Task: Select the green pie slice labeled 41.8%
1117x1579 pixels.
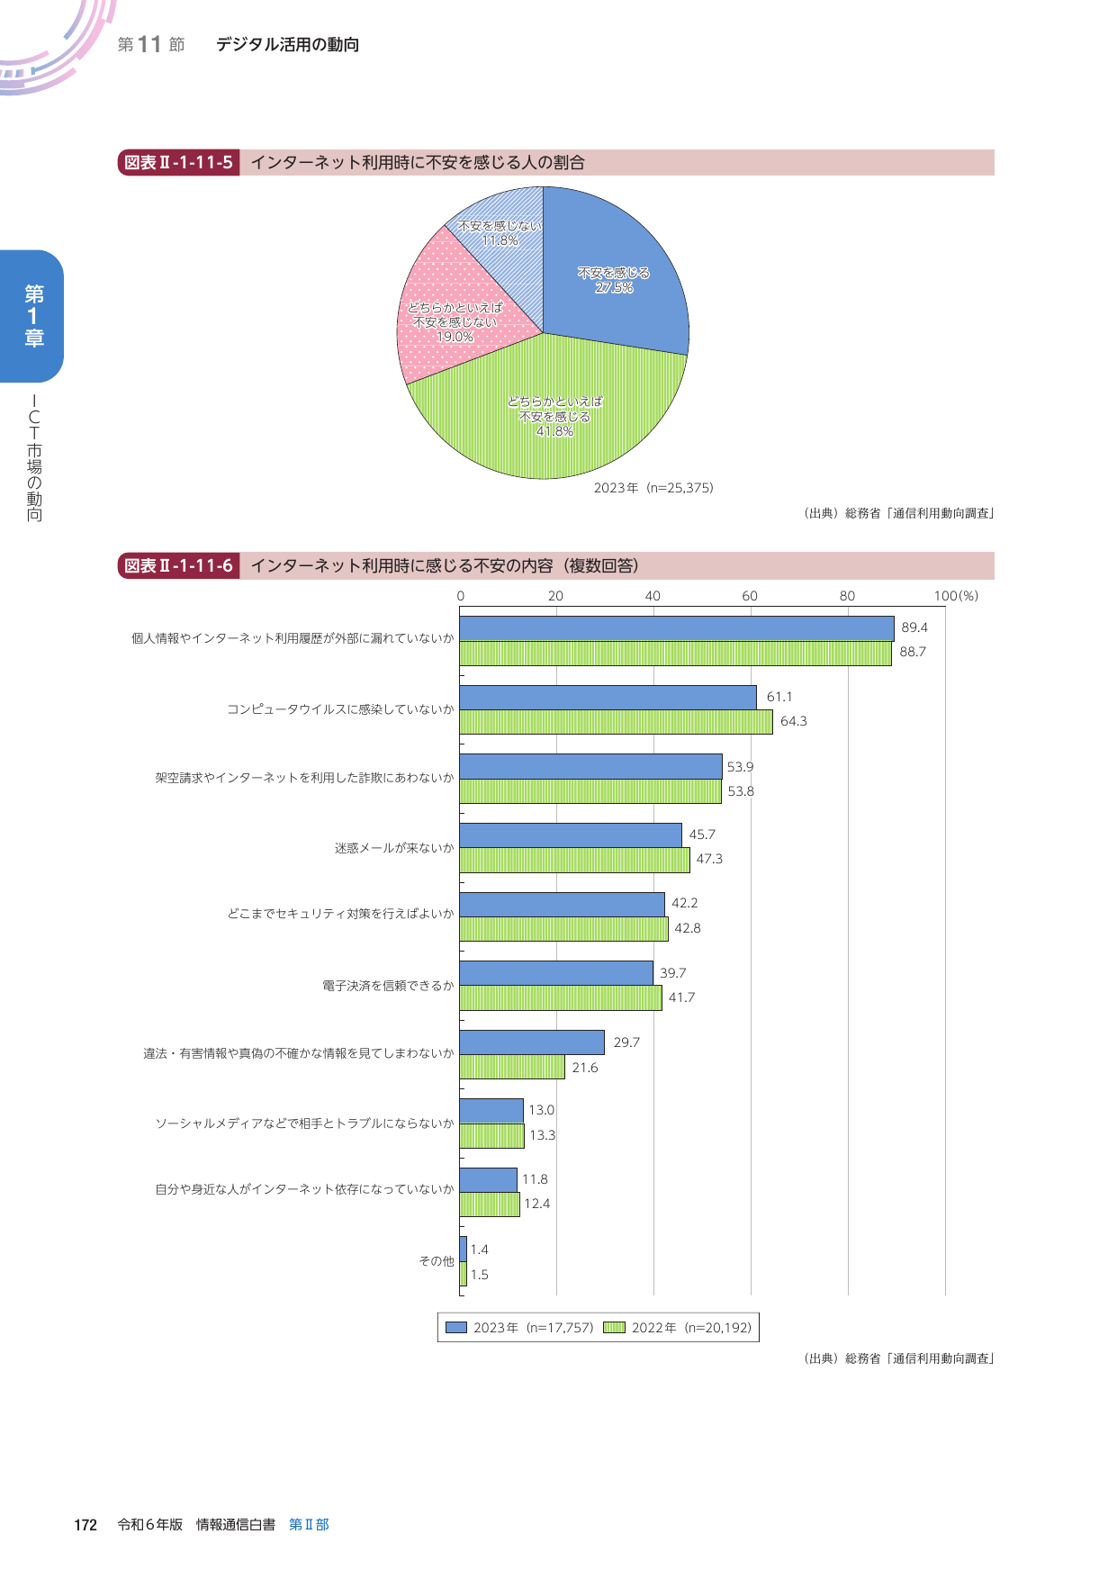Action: point(549,414)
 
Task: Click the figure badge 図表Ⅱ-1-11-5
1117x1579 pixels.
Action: point(178,163)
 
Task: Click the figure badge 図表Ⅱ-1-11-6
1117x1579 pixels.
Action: point(178,566)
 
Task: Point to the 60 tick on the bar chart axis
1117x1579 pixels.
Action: point(750,596)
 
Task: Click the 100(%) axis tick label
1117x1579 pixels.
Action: point(955,596)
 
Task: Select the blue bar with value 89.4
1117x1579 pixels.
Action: point(676,628)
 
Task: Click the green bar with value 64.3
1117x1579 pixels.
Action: point(616,722)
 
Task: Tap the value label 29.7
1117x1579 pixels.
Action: point(626,1042)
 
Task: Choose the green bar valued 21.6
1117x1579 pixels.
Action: point(512,1067)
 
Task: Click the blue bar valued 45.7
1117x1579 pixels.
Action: point(571,835)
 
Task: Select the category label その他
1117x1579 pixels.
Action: point(437,1261)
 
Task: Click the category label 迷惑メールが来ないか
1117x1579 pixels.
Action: point(394,848)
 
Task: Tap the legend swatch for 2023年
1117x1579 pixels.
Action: point(456,1328)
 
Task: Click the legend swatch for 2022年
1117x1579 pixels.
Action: point(614,1328)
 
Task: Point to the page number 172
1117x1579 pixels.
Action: point(86,1525)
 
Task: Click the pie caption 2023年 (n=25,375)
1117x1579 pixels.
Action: point(653,488)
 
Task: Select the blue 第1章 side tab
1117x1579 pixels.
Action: point(33,316)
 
